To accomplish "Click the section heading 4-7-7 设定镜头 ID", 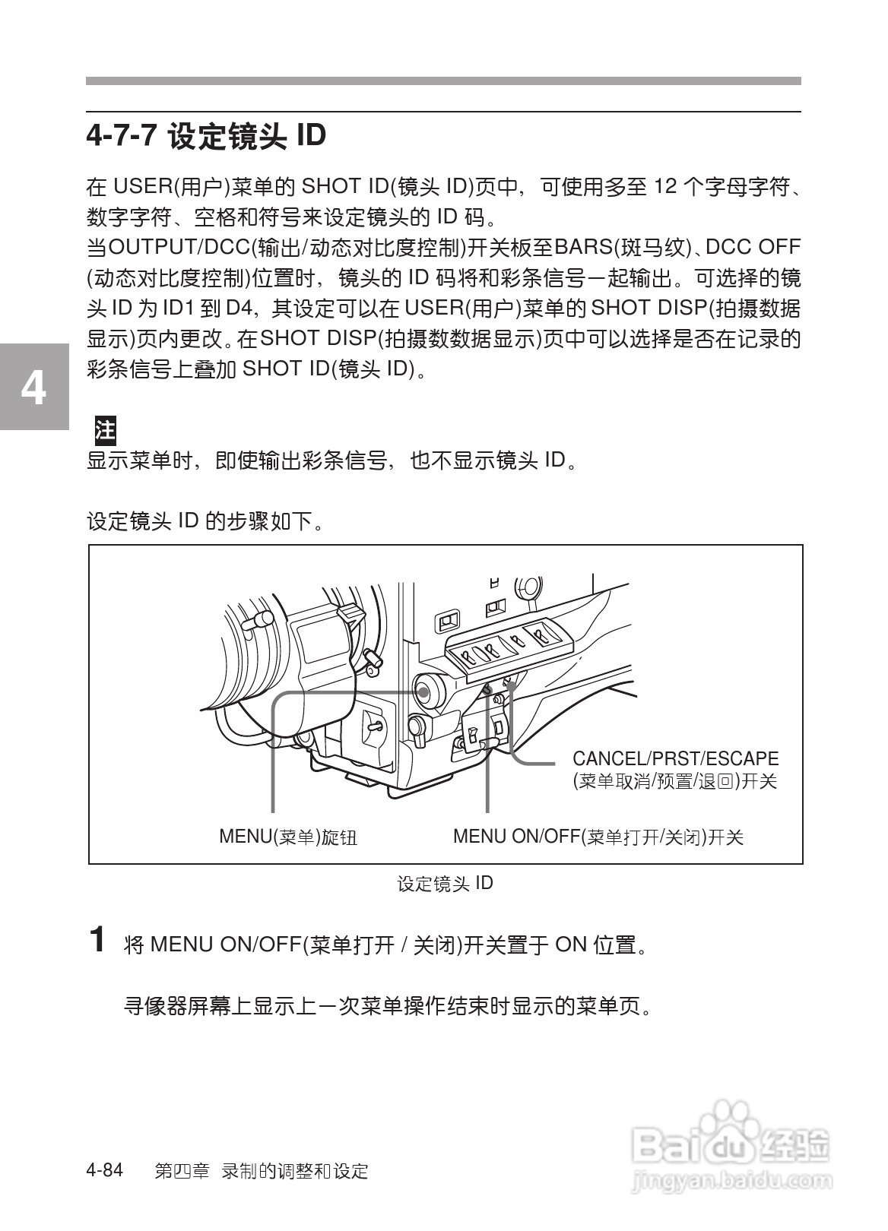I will [x=206, y=137].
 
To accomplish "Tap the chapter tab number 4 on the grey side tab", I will [x=33, y=388].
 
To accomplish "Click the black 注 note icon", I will [x=105, y=430].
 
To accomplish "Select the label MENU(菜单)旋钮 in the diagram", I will [x=288, y=837].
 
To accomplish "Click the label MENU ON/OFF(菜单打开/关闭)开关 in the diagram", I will [x=598, y=837].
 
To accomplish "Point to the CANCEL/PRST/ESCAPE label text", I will [x=675, y=759].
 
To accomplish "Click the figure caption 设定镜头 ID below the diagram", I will [x=445, y=884].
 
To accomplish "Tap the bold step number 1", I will [x=97, y=939].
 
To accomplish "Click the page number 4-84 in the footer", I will [x=105, y=1170].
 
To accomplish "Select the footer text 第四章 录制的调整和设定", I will [x=261, y=1171].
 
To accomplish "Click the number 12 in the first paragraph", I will [x=665, y=187].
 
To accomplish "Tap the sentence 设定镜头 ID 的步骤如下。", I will [x=205, y=521].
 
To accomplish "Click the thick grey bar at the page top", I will [x=443, y=81].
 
